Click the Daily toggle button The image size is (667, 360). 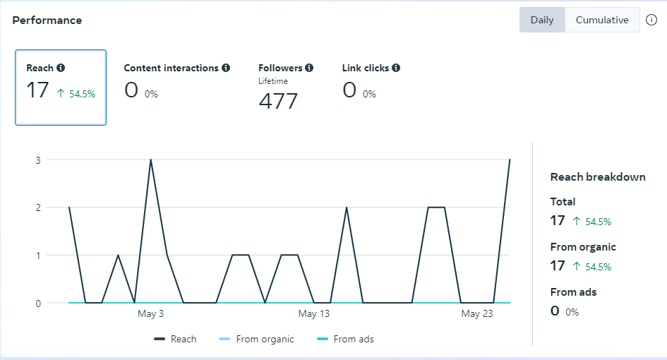[x=542, y=20]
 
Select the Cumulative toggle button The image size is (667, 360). [x=602, y=20]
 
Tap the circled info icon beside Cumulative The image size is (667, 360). [x=651, y=20]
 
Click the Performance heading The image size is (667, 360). [x=47, y=20]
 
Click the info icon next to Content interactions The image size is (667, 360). [x=226, y=68]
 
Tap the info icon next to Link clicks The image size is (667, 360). [x=396, y=68]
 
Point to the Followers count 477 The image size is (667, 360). [x=278, y=102]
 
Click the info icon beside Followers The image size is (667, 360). [x=309, y=68]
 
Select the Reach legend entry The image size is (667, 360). [x=176, y=340]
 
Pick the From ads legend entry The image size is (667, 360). [x=346, y=340]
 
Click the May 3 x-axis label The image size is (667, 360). [x=150, y=314]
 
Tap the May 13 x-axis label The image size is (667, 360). [x=313, y=314]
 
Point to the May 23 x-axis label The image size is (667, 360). [x=477, y=314]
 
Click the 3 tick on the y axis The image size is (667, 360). [x=37, y=160]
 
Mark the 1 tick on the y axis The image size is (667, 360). [x=37, y=256]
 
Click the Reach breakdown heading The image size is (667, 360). [x=598, y=177]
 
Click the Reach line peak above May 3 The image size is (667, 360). [x=150, y=160]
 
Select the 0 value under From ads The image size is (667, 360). [x=555, y=311]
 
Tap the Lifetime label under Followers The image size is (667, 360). [x=273, y=81]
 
